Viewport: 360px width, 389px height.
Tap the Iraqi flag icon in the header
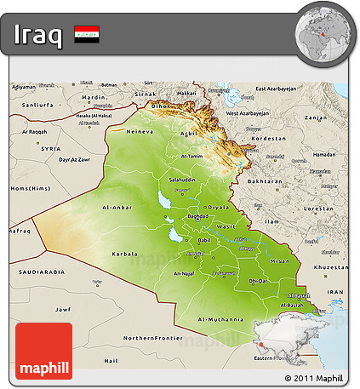coord(85,35)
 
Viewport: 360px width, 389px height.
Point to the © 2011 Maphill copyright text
coord(314,377)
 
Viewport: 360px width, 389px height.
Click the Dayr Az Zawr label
coord(74,160)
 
